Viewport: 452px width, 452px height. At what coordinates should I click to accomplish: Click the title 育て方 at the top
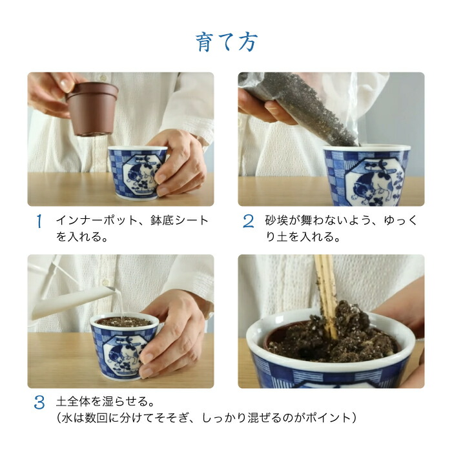[226, 41]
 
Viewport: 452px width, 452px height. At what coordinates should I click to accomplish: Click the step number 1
[39, 221]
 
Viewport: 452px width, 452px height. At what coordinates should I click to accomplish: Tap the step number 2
[249, 221]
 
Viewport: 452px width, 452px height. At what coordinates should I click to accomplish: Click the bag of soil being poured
[297, 107]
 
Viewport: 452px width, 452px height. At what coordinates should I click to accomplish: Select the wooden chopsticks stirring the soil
[325, 291]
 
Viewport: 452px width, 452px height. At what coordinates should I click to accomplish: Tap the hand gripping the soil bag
[262, 107]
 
